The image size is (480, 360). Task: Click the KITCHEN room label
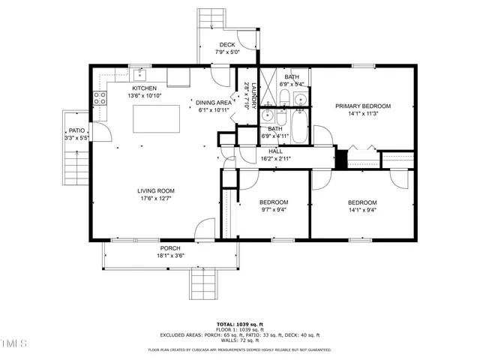tap(144, 88)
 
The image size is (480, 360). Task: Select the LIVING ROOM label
tap(155, 190)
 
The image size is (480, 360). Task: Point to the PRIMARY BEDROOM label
tap(363, 106)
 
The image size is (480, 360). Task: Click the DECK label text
tap(227, 45)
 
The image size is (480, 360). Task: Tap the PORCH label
tap(170, 247)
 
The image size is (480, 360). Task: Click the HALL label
tap(276, 151)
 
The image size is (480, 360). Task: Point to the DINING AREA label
tap(213, 102)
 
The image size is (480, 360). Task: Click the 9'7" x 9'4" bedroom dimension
tap(273, 210)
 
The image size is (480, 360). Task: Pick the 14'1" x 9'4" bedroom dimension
tap(361, 210)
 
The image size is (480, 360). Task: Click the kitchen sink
tap(140, 74)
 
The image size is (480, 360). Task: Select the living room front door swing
tap(201, 230)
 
